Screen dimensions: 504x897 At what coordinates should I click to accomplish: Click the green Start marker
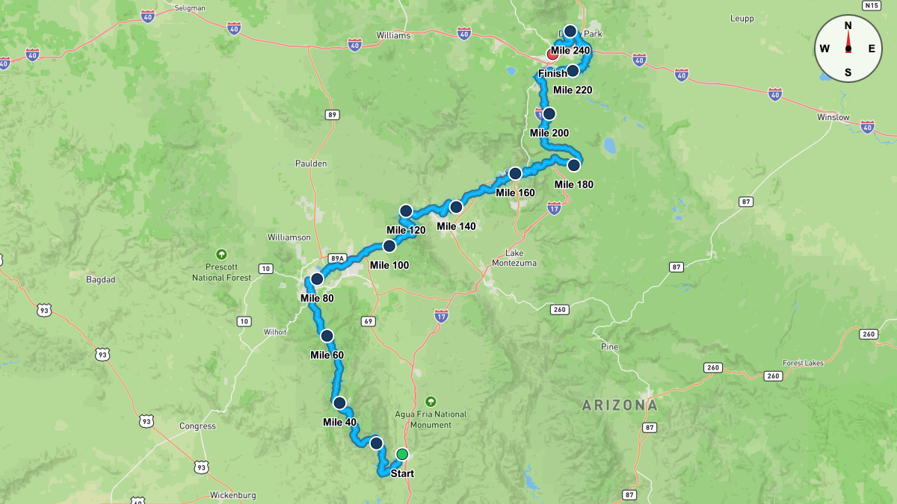[402, 454]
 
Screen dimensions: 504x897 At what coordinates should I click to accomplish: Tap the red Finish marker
[553, 55]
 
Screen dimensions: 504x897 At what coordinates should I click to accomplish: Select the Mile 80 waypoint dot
[316, 279]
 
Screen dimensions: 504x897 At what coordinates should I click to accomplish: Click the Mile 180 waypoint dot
[573, 165]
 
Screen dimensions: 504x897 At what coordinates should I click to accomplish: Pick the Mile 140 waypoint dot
[455, 207]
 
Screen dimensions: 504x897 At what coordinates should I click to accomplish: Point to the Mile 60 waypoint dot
[327, 336]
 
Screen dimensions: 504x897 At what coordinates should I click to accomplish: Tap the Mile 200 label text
[549, 134]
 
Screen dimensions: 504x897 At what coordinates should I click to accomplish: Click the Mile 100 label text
[389, 265]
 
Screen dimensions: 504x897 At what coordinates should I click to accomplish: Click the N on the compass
[848, 25]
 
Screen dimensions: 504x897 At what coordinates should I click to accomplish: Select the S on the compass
[848, 72]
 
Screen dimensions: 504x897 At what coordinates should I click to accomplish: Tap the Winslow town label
[833, 117]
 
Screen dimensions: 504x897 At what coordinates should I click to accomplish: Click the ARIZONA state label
[620, 405]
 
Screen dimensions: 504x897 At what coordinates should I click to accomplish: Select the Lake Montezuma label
[514, 258]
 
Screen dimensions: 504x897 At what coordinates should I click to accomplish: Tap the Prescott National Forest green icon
[221, 254]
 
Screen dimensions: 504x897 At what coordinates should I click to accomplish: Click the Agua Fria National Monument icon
[431, 401]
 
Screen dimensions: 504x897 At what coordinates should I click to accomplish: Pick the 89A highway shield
[338, 259]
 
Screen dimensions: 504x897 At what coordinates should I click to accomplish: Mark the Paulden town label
[310, 164]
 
